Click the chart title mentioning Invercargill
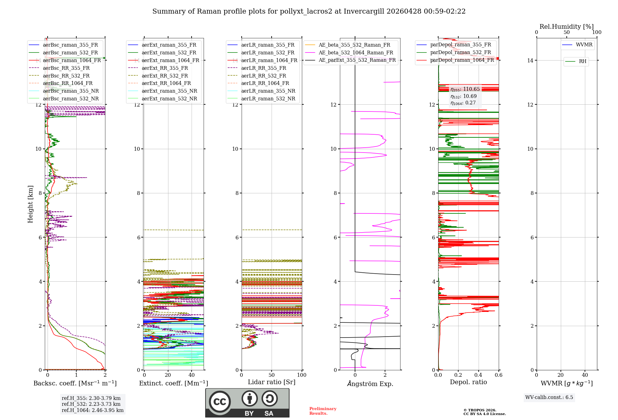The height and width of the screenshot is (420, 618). pyautogui.click(x=309, y=11)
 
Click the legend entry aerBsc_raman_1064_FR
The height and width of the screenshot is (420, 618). pyautogui.click(x=72, y=61)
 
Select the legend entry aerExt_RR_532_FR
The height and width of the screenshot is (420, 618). pyautogui.click(x=165, y=76)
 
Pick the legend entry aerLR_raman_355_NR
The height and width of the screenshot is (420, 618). pyautogui.click(x=268, y=91)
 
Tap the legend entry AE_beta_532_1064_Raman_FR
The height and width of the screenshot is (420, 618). pyautogui.click(x=356, y=53)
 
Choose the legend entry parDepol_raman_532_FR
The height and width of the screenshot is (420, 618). pyautogui.click(x=460, y=52)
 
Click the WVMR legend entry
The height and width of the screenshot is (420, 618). pyautogui.click(x=584, y=45)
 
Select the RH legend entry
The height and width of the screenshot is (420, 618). pyautogui.click(x=582, y=61)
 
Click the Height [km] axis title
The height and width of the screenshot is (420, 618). pyautogui.click(x=30, y=204)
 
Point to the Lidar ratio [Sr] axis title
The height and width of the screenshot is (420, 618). pyautogui.click(x=271, y=382)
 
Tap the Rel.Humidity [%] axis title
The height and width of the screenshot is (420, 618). pyautogui.click(x=566, y=27)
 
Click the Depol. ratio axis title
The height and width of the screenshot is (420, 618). pyautogui.click(x=468, y=382)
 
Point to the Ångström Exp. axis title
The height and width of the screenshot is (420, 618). pyautogui.click(x=370, y=384)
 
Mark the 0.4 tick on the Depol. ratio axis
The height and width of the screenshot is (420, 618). pyautogui.click(x=478, y=375)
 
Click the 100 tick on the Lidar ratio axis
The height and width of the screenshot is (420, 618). pyautogui.click(x=302, y=375)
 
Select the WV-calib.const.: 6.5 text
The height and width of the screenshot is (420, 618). pyautogui.click(x=549, y=397)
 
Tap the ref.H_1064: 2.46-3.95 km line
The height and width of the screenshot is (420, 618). pyautogui.click(x=92, y=410)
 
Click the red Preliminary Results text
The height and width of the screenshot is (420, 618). pyautogui.click(x=323, y=411)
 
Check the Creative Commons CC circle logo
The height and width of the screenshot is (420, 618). pyautogui.click(x=220, y=402)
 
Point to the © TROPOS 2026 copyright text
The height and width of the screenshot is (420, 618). pyautogui.click(x=480, y=410)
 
